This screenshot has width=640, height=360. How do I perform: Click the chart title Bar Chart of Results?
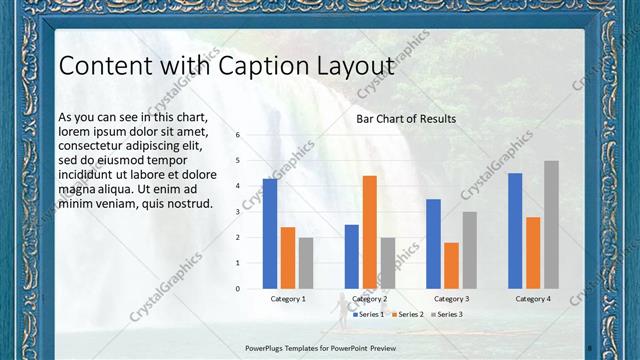click(406, 119)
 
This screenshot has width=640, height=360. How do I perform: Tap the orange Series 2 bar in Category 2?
click(370, 232)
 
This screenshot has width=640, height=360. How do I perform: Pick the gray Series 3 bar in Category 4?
click(551, 225)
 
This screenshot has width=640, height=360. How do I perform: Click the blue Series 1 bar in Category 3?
click(433, 244)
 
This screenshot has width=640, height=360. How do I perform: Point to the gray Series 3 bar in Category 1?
click(306, 263)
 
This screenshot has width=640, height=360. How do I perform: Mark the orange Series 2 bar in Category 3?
click(451, 266)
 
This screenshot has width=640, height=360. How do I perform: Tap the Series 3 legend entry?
click(446, 314)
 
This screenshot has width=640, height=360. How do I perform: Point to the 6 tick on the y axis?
click(238, 134)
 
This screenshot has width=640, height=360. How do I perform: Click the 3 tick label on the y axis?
click(238, 212)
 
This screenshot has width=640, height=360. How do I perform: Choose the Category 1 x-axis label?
click(288, 299)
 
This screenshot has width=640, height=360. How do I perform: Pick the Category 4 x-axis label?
click(533, 299)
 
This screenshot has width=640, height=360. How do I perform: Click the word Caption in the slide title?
click(249, 66)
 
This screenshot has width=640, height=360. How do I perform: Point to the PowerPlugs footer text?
click(320, 347)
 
